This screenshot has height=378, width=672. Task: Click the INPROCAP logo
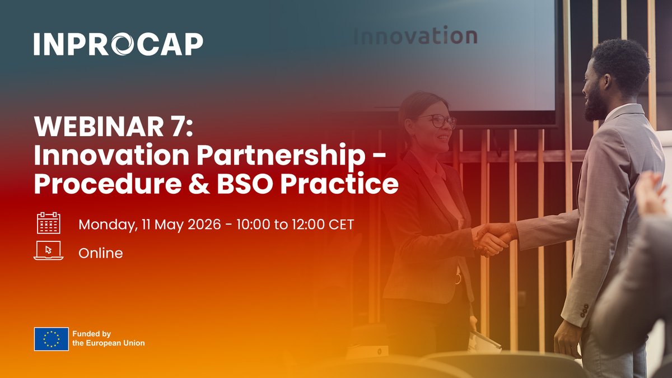click(118, 44)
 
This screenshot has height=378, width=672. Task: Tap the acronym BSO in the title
click(247, 184)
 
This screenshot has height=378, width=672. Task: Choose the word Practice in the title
click(343, 184)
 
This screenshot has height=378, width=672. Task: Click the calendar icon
click(48, 223)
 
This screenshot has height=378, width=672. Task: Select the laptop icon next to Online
click(48, 251)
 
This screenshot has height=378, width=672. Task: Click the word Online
click(101, 253)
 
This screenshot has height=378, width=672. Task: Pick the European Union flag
click(51, 339)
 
